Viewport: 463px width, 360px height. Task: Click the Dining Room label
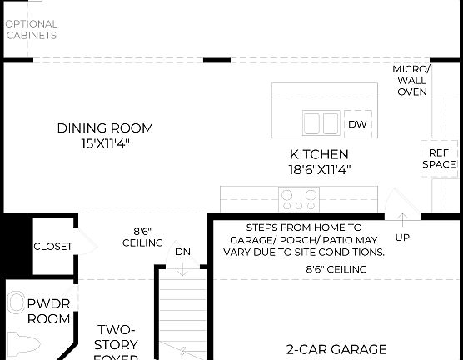(105, 128)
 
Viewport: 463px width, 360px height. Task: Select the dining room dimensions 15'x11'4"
(105, 142)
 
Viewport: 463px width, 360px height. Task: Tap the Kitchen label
(319, 154)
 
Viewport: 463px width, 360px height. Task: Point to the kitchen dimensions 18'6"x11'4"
(319, 169)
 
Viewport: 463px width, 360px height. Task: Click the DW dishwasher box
(357, 124)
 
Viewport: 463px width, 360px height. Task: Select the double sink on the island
(321, 124)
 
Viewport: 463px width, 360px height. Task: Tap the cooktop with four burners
(299, 199)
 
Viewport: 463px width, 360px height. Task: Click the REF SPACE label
(439, 158)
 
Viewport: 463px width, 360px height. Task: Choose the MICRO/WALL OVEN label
(411, 80)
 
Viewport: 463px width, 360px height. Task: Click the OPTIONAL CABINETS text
(32, 30)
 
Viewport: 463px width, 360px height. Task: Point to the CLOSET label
(53, 247)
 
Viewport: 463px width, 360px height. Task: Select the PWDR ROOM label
(49, 310)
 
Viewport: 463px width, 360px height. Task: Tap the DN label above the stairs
(182, 252)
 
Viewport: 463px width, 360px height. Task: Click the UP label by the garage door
(402, 237)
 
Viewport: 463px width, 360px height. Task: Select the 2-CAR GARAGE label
(336, 349)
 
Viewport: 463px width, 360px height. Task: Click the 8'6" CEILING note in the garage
(336, 269)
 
